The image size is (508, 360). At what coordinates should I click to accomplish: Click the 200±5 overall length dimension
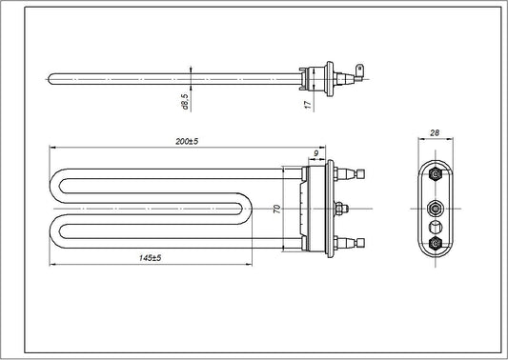point(186,141)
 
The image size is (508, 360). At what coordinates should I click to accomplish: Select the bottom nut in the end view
point(436,245)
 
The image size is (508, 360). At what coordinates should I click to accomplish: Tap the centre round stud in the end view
point(436,209)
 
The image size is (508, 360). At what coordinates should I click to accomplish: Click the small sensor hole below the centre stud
point(436,226)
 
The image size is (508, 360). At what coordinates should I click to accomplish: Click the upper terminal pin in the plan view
point(359,174)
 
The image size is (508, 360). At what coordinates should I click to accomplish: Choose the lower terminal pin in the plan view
point(359,244)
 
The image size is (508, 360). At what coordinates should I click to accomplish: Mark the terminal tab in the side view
point(360,70)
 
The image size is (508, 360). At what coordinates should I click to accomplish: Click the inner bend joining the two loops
point(250,209)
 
